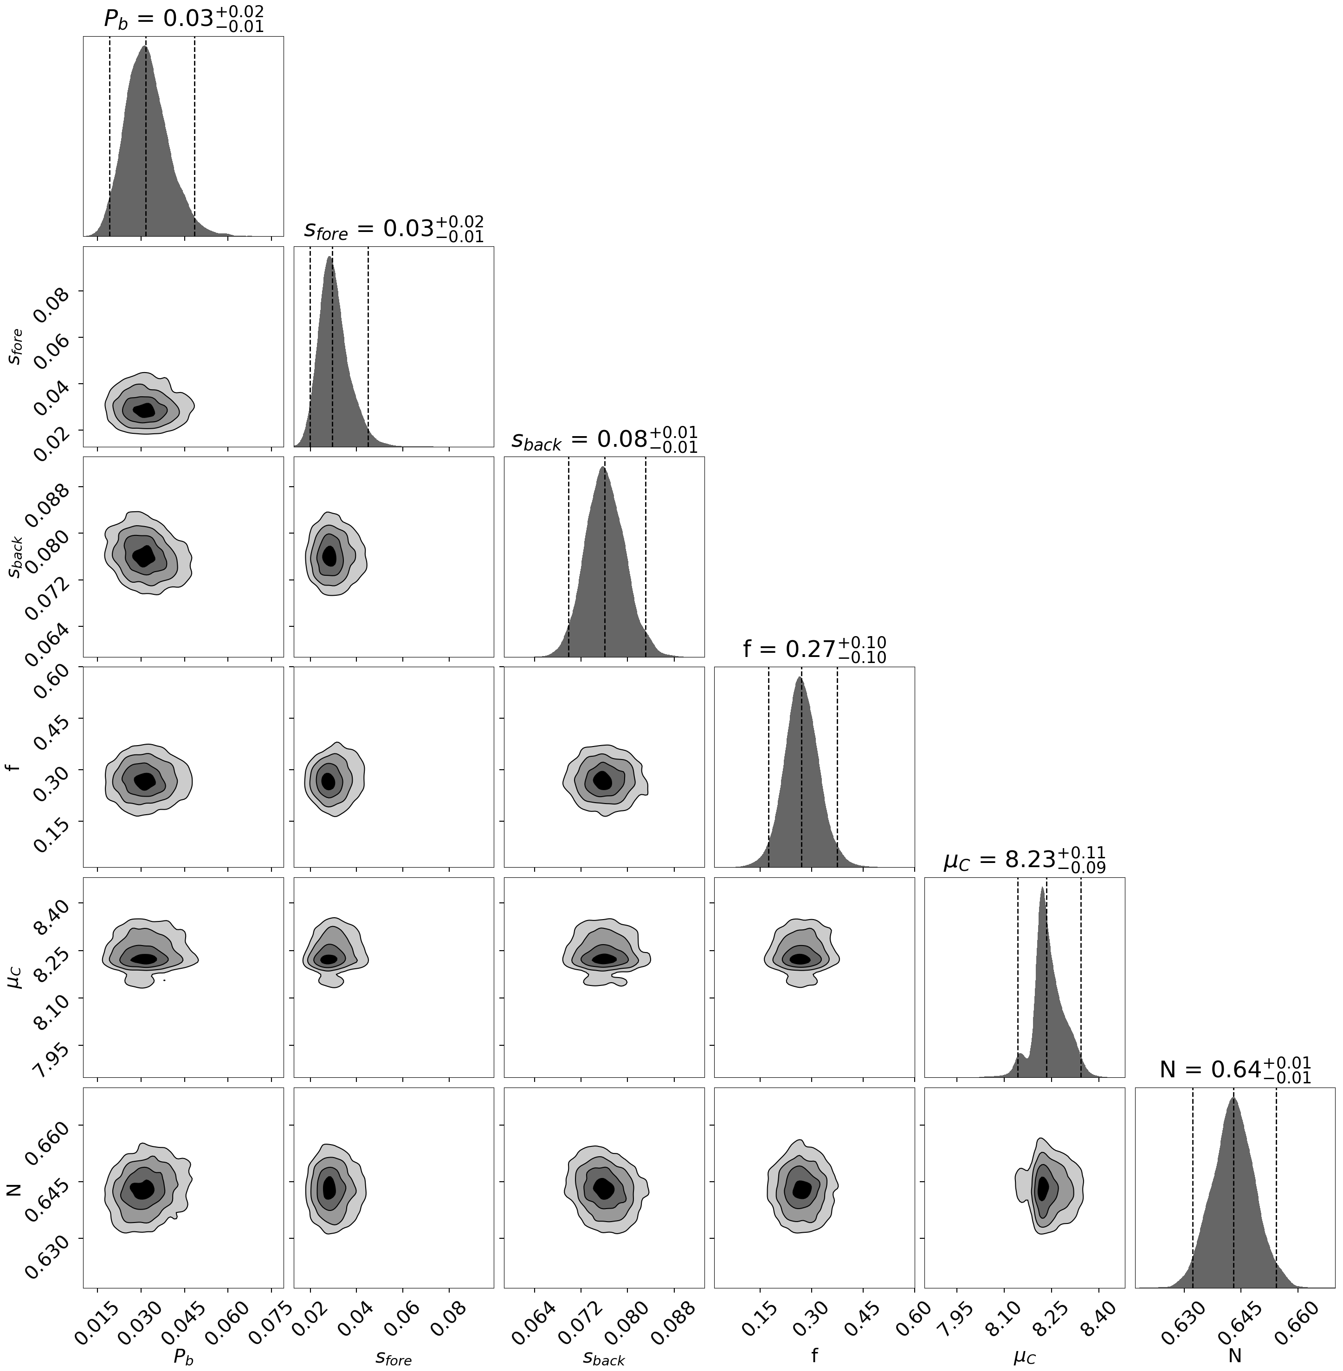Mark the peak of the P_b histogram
point(145,47)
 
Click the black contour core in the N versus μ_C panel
point(1043,1188)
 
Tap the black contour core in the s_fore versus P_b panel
point(145,410)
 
